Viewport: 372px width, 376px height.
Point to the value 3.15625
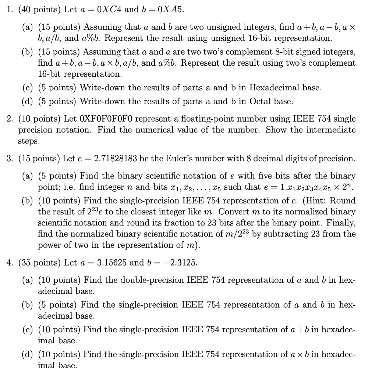(x=113, y=263)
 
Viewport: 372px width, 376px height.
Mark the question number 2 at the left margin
(x=9, y=119)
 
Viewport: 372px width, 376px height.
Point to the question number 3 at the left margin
(x=9, y=159)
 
